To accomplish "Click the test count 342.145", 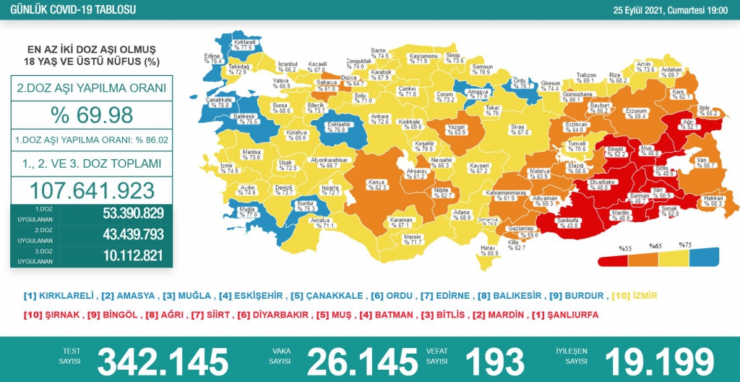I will [x=163, y=361].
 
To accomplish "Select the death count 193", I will [x=495, y=361].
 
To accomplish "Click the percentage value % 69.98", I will [x=91, y=114].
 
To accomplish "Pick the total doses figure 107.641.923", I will [x=92, y=190].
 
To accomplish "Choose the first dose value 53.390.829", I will [x=122, y=213].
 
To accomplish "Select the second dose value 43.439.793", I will [x=122, y=234].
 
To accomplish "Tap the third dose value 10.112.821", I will [x=122, y=255].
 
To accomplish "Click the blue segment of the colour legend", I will [x=704, y=258].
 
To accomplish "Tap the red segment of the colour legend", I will [x=611, y=259].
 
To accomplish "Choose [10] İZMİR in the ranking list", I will [x=635, y=296].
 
